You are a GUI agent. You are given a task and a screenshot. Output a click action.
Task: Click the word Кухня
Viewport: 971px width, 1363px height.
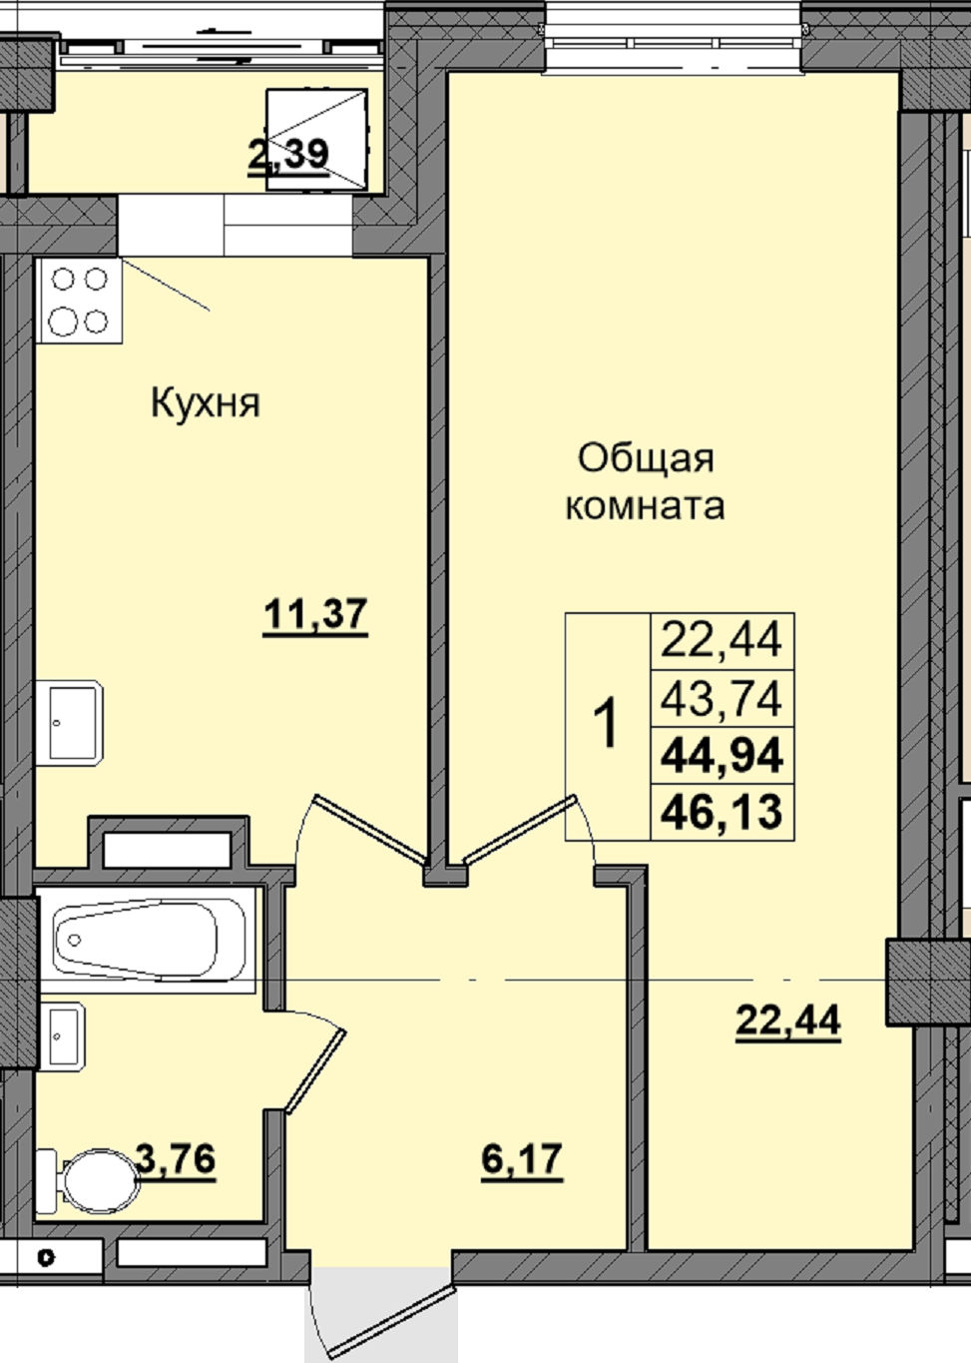point(205,403)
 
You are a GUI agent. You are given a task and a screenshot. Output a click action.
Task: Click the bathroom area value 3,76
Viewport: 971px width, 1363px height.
point(176,1158)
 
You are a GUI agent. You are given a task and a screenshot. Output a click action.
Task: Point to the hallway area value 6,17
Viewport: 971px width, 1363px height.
point(522,1159)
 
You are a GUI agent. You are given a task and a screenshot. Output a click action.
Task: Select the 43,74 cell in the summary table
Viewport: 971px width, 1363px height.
point(722,699)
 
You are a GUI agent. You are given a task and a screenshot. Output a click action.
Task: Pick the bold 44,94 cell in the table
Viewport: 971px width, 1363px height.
point(722,756)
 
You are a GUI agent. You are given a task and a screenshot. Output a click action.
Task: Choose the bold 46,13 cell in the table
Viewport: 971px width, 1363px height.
point(722,813)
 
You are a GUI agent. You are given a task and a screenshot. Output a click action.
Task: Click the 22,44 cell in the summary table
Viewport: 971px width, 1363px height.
point(722,642)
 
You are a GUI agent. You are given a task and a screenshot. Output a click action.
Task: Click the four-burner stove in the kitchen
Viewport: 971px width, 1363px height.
point(80,301)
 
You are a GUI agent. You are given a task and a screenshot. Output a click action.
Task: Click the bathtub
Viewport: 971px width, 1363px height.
point(146,940)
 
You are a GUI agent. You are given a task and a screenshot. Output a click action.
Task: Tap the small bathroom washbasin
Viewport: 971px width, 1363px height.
point(61,1036)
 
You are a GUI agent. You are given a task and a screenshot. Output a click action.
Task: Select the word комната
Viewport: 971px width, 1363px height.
point(645,505)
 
